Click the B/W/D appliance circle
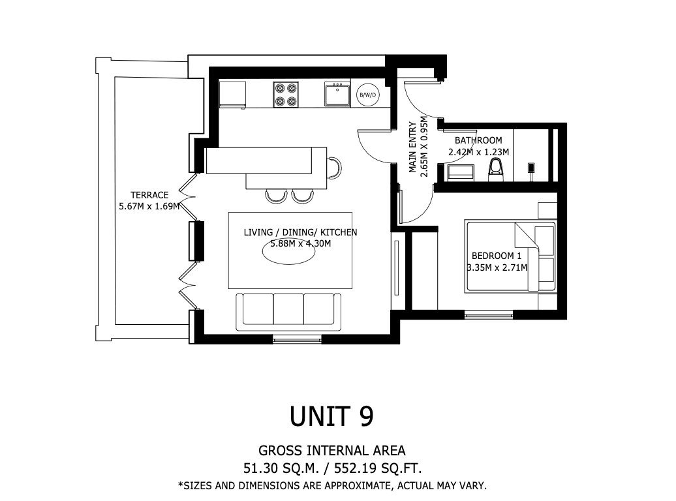368,95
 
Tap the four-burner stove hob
286,95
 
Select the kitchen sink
337,95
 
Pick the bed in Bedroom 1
511,257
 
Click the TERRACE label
149,195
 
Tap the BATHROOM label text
478,140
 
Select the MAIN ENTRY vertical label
413,147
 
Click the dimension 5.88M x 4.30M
301,243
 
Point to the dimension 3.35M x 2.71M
497,267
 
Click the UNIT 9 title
331,416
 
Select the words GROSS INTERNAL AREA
332,451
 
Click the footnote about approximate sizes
332,486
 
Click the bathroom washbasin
461,172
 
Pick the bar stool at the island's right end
335,168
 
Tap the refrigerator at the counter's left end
232,94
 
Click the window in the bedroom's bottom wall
489,315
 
